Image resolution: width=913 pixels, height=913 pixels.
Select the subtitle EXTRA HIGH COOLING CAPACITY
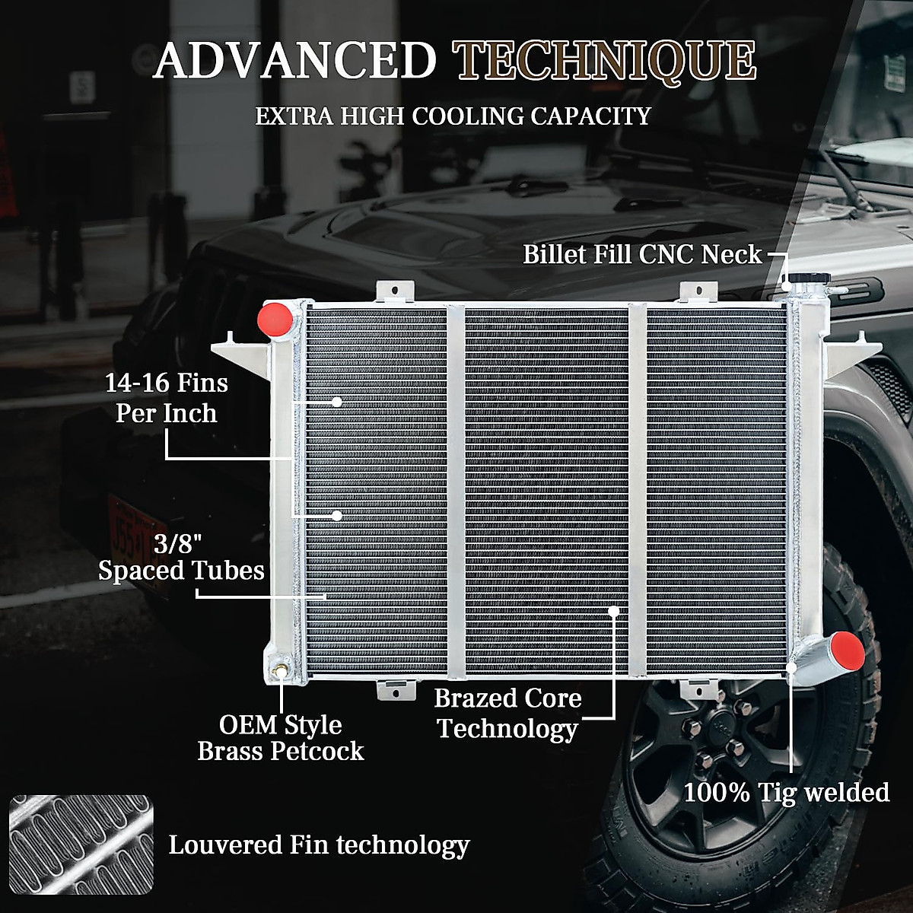point(453,116)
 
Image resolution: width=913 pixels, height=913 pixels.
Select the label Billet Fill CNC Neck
point(642,254)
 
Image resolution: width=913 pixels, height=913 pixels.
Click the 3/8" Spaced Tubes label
point(181,557)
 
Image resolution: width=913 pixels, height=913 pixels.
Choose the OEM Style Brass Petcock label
point(281,737)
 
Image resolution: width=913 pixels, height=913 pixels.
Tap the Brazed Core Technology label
point(507,713)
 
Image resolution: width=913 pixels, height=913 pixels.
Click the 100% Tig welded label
point(786,792)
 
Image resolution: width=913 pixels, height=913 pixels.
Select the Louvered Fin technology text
point(319,845)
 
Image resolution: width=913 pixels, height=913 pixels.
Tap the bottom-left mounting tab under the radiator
point(396,689)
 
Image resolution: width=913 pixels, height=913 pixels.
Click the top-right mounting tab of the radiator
point(698,293)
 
